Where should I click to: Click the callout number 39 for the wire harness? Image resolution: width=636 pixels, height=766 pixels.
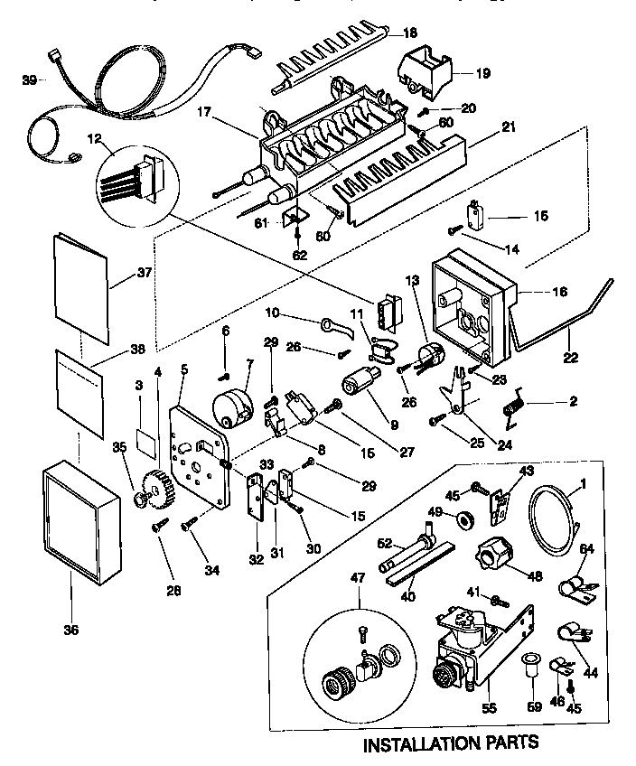[x=28, y=80]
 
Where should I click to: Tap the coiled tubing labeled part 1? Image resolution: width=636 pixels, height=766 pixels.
[x=552, y=518]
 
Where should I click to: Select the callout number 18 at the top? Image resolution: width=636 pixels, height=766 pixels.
[x=410, y=33]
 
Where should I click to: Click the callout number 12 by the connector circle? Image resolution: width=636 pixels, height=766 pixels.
[x=93, y=138]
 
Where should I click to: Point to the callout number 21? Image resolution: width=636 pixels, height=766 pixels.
[x=509, y=126]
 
